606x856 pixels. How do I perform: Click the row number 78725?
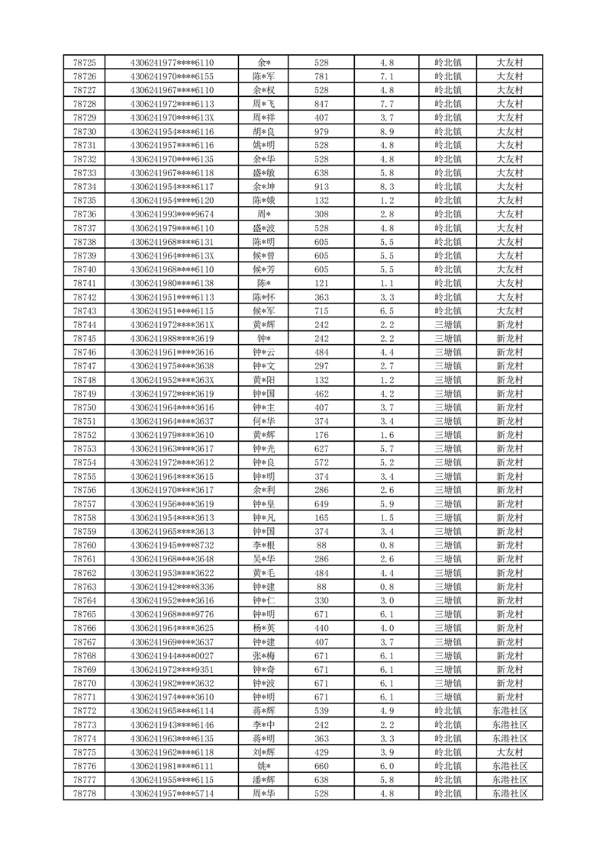[x=84, y=63]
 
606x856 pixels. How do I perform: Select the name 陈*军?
[x=265, y=76]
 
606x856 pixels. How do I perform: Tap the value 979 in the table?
[x=321, y=131]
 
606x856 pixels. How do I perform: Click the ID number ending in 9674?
[x=172, y=214]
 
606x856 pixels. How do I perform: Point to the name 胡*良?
[x=265, y=131]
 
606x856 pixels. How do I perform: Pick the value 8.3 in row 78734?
[x=387, y=186]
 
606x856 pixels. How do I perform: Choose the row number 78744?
[x=84, y=324]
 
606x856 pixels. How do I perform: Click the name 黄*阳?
[x=265, y=380]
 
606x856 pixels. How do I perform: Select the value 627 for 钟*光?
[x=321, y=449]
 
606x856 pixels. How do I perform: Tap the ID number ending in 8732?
[x=172, y=545]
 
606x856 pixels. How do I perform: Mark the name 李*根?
[x=265, y=545]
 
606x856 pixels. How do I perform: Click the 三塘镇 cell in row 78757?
[x=448, y=504]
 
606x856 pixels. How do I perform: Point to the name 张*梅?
[x=265, y=656]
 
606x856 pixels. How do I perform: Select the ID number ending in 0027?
[x=172, y=656]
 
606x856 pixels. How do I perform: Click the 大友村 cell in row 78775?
[x=509, y=752]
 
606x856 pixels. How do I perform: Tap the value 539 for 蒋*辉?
[x=321, y=711]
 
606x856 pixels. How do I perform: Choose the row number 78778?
[x=84, y=793]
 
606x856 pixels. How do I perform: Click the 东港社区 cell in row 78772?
[x=509, y=711]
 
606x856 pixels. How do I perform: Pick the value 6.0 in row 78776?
[x=387, y=766]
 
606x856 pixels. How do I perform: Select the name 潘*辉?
[x=265, y=780]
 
